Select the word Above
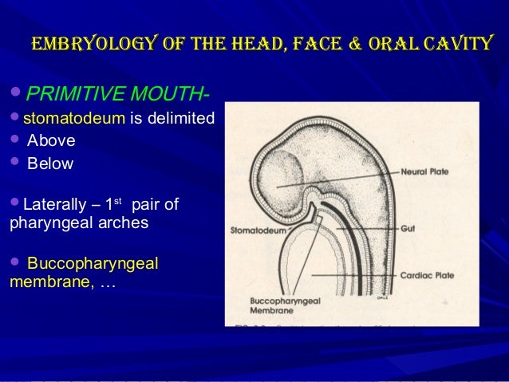[x=51, y=143]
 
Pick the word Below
[x=50, y=164]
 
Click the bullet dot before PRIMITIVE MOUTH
[x=18, y=97]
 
